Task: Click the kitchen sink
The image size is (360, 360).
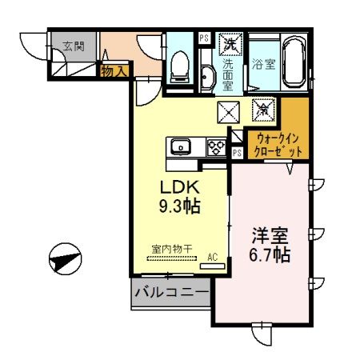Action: (x=181, y=146)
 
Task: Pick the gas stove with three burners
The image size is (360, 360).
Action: (x=217, y=146)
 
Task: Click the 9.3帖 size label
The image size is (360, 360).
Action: (x=179, y=206)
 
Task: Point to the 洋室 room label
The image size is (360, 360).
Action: (x=270, y=238)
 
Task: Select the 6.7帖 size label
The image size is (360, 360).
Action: (x=270, y=256)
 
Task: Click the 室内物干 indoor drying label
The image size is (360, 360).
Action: (x=171, y=250)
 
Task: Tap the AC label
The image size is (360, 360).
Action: (x=213, y=257)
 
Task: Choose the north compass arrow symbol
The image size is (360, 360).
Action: (x=66, y=259)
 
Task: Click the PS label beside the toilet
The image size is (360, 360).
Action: (x=202, y=38)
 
